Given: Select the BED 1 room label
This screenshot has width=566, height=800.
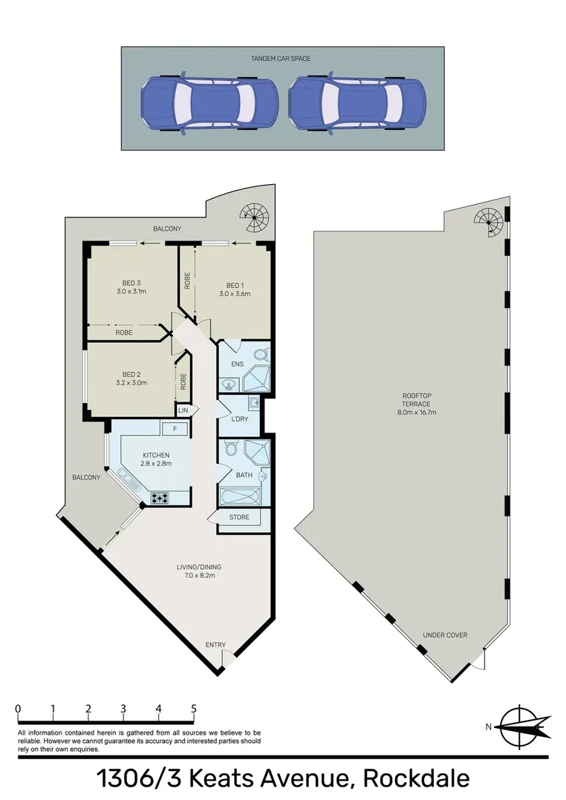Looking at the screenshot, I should point(235,286).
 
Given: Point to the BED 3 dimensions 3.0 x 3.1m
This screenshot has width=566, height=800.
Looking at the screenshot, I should point(131,292).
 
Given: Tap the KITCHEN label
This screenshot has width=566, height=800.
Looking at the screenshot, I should point(156,455).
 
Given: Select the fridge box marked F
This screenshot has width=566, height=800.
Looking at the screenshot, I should point(174,428).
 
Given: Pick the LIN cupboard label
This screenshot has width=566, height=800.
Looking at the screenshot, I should point(183,410).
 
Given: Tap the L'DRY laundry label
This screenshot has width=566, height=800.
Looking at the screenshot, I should point(239,419).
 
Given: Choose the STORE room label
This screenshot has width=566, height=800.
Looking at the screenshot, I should point(239,517).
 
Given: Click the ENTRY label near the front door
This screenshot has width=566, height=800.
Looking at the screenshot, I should point(215,645).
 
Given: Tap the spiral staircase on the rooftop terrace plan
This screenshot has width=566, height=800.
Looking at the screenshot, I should point(490,220).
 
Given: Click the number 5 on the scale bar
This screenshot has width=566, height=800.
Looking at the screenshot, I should point(194,708).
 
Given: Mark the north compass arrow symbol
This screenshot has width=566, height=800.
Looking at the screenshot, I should point(524,727).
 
